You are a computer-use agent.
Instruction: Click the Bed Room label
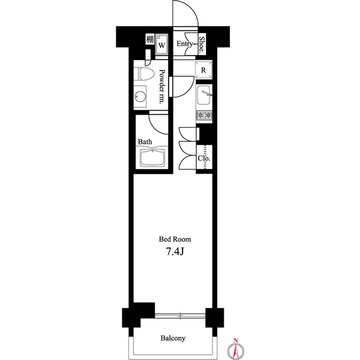pyautogui.click(x=175, y=239)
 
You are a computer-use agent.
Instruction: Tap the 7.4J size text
pyautogui.click(x=175, y=252)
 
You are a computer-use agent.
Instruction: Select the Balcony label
pyautogui.click(x=173, y=338)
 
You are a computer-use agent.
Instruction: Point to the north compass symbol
pyautogui.click(x=236, y=349)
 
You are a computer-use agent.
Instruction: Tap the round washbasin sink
pyautogui.click(x=140, y=97)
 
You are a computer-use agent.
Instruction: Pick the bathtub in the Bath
pyautogui.click(x=152, y=158)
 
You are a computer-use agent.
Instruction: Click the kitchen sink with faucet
pyautogui.click(x=203, y=95)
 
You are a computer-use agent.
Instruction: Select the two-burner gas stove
pyautogui.click(x=204, y=115)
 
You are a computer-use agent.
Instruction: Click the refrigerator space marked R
pyautogui.click(x=203, y=70)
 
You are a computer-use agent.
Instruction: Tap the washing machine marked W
pyautogui.click(x=161, y=45)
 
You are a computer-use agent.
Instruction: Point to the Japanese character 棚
pyautogui.click(x=150, y=39)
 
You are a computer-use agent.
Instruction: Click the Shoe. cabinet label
pyautogui.click(x=202, y=44)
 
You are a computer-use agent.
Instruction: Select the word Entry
pyautogui.click(x=185, y=44)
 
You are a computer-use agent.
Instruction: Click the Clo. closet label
pyautogui.click(x=204, y=158)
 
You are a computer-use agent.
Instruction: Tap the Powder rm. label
pyautogui.click(x=163, y=86)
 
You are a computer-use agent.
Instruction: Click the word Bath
pyautogui.click(x=145, y=142)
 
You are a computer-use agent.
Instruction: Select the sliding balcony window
pyautogui.click(x=180, y=316)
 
